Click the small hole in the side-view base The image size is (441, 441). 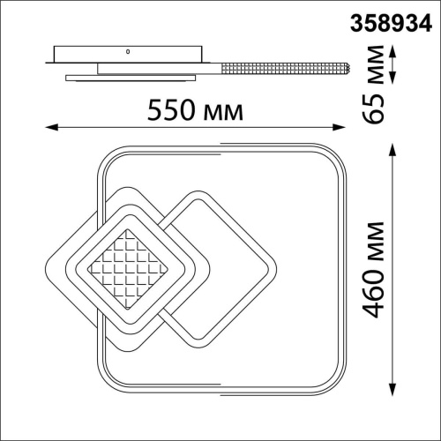tap(127, 52)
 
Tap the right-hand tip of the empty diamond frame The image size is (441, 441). tap(275, 265)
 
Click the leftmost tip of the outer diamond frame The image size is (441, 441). tap(45, 265)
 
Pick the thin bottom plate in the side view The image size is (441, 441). tap(132, 79)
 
